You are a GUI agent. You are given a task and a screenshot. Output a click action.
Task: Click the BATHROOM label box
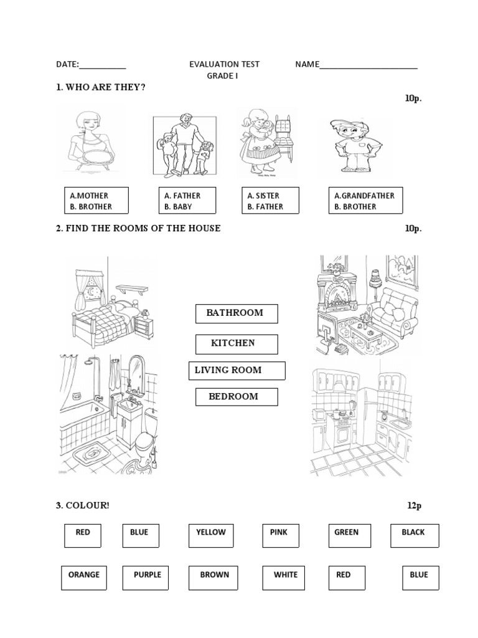237,313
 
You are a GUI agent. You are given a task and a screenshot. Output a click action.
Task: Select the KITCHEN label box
236,344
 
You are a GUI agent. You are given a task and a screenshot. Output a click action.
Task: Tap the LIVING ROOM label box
237,371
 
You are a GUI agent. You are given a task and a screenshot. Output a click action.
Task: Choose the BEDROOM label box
237,397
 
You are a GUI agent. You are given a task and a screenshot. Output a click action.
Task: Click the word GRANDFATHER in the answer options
368,196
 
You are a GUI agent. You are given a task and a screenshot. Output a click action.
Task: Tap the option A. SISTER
263,196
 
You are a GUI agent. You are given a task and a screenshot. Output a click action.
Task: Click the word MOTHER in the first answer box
93,196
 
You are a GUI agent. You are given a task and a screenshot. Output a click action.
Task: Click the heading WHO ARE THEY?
101,87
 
